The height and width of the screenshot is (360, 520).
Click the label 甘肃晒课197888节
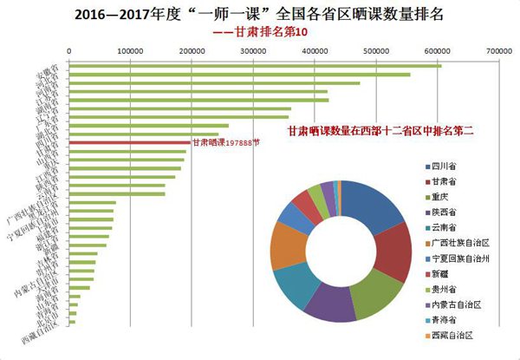click(225, 144)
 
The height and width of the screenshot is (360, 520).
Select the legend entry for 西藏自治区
click(456, 335)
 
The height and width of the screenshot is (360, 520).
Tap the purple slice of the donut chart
click(330, 308)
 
